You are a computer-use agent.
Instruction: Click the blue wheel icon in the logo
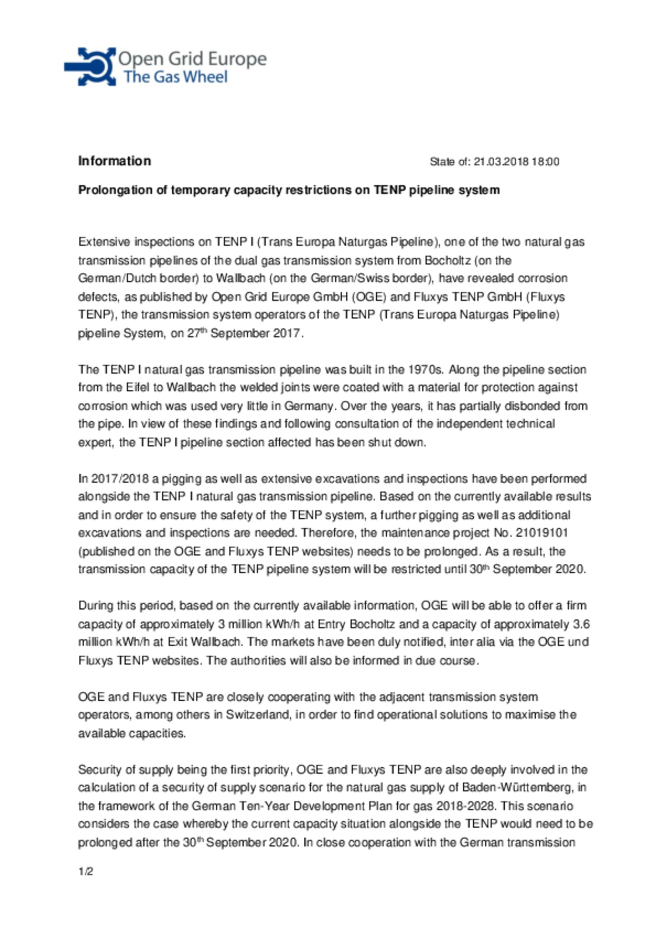[91, 66]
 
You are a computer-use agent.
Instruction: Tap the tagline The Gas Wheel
[175, 77]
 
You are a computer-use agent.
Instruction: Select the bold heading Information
[114, 161]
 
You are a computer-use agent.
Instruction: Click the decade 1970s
[425, 369]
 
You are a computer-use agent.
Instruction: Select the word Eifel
[139, 388]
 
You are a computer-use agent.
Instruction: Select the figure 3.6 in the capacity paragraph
[583, 624]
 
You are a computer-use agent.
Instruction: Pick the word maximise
[529, 714]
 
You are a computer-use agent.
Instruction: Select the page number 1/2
[86, 872]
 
